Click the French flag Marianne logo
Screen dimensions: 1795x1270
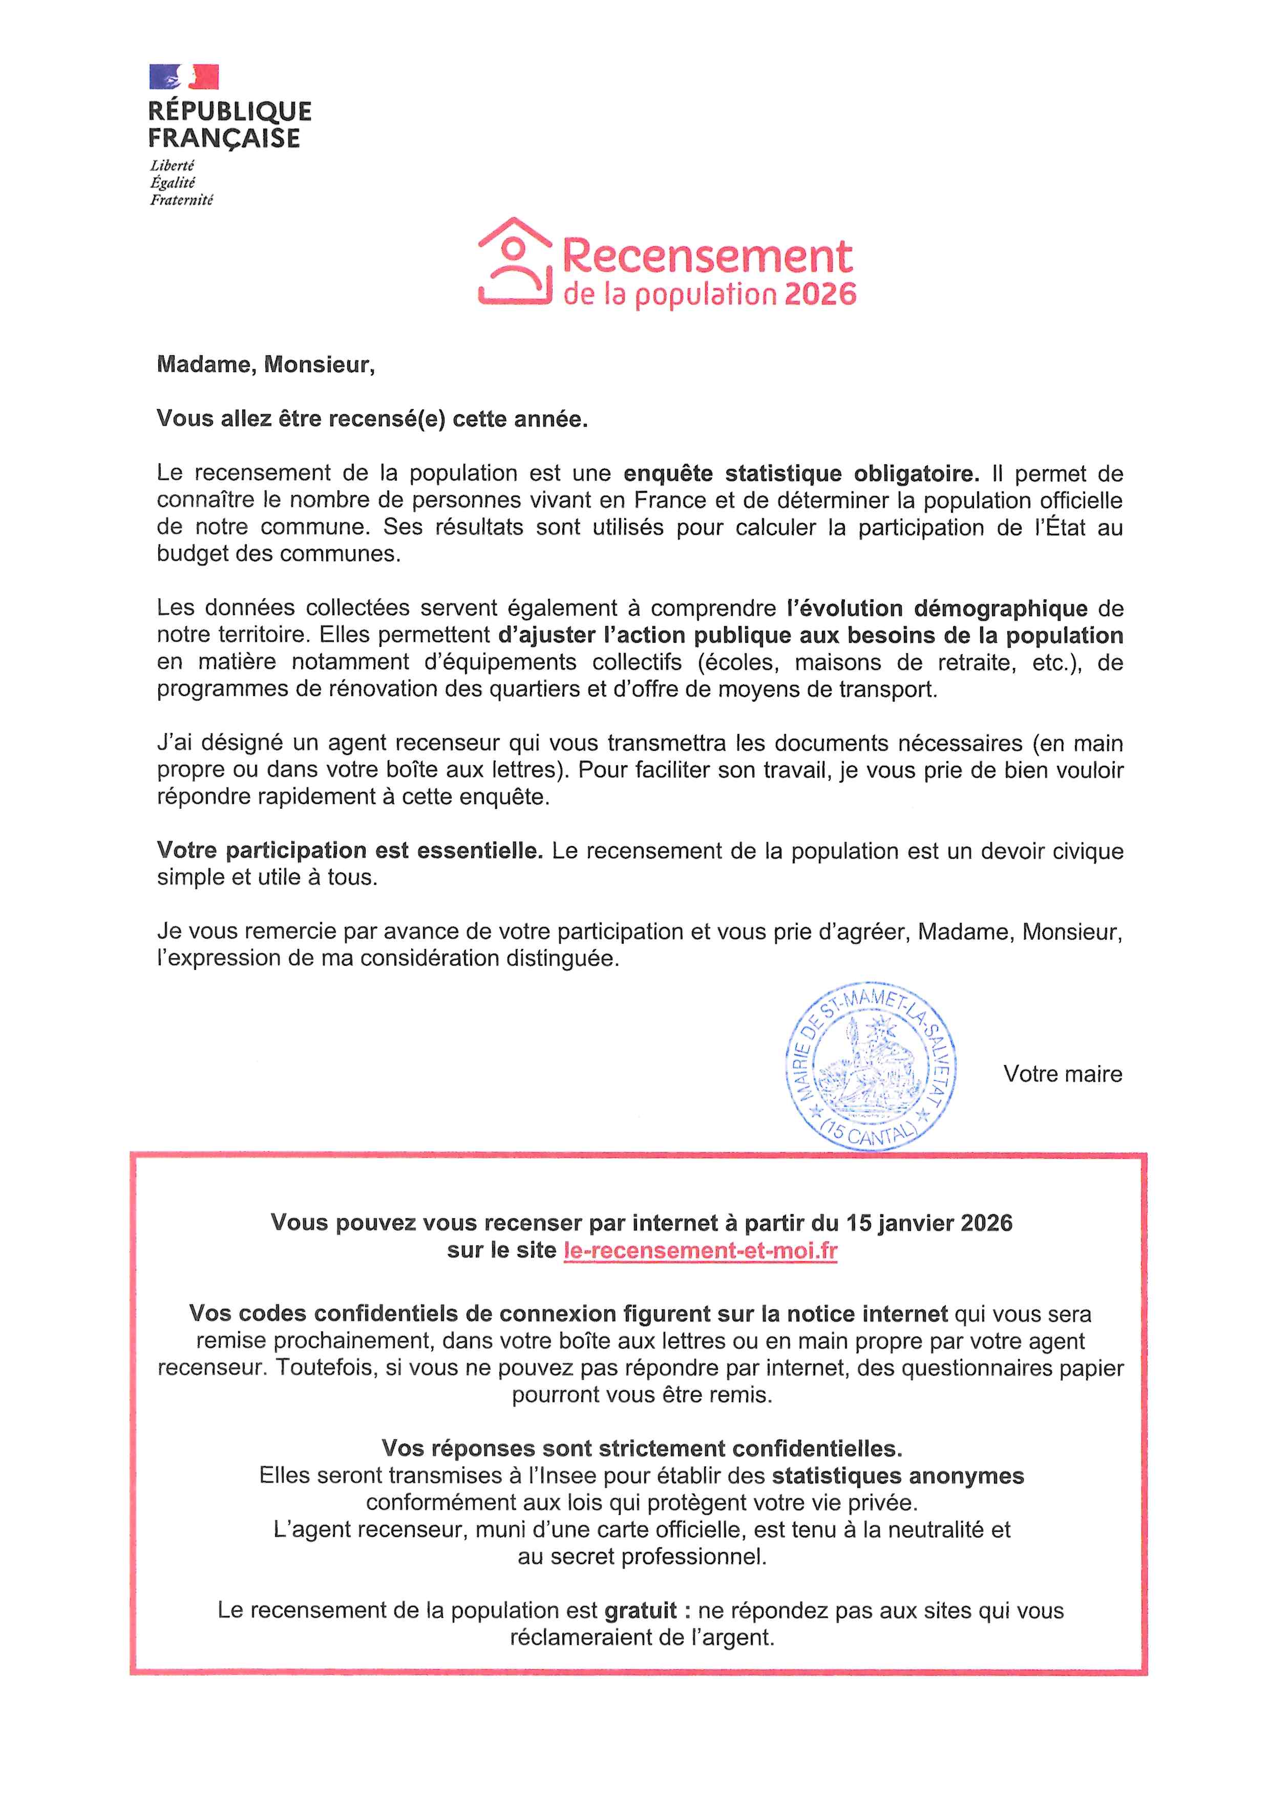coord(184,77)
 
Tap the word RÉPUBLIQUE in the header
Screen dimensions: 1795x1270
coord(229,111)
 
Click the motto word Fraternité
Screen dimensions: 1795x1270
coord(181,200)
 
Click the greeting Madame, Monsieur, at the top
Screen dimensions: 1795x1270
coord(266,365)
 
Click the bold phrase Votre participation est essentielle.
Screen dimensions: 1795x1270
coord(350,851)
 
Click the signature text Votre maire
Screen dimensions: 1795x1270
coord(1062,1074)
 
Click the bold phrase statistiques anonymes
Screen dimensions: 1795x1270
coord(898,1476)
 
